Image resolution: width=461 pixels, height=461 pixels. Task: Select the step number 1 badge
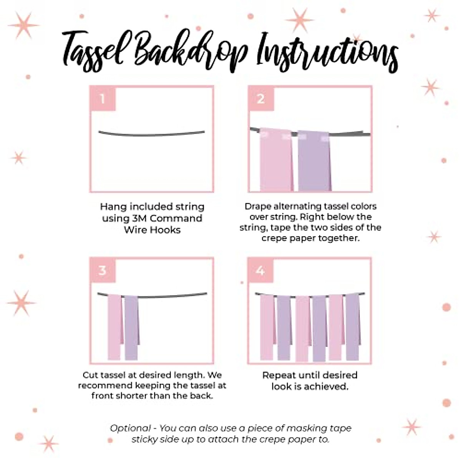103,99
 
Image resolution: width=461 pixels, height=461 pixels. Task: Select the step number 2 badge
261,99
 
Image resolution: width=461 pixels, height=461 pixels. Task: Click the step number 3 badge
103,270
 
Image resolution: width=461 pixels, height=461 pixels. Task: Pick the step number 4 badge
260,270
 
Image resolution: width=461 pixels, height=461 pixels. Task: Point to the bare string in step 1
152,134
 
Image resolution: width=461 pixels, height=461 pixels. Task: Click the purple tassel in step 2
313,161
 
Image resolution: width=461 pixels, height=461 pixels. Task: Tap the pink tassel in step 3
114,327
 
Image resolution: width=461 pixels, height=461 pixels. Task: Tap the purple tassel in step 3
131,327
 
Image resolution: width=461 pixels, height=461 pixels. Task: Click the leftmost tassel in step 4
267,327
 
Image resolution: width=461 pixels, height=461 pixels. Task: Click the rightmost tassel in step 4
352,327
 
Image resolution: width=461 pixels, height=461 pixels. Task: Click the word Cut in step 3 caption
90,375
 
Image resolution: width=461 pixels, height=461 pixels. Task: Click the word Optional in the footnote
130,428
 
